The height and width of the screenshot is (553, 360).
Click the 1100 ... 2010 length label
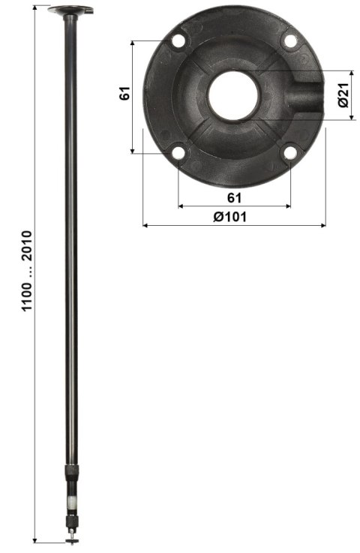pos(27,277)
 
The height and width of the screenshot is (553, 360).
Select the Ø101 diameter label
pos(233,216)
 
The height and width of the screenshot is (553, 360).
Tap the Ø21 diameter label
pos(343,95)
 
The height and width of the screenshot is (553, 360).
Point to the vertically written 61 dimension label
pos(124,93)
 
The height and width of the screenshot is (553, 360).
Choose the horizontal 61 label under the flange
pos(233,197)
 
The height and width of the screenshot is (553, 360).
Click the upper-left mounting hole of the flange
pos(178,41)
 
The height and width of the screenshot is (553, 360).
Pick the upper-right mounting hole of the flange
pos(289,41)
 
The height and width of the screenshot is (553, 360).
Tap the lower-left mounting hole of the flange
pos(178,154)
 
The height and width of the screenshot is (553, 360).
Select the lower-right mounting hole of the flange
pos(289,154)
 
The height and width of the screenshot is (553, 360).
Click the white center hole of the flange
pos(233,95)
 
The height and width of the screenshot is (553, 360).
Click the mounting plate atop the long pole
pos(70,10)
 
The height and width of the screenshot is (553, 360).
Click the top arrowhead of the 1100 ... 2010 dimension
pos(35,8)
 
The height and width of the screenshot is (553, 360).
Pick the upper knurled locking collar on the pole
pos(71,472)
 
